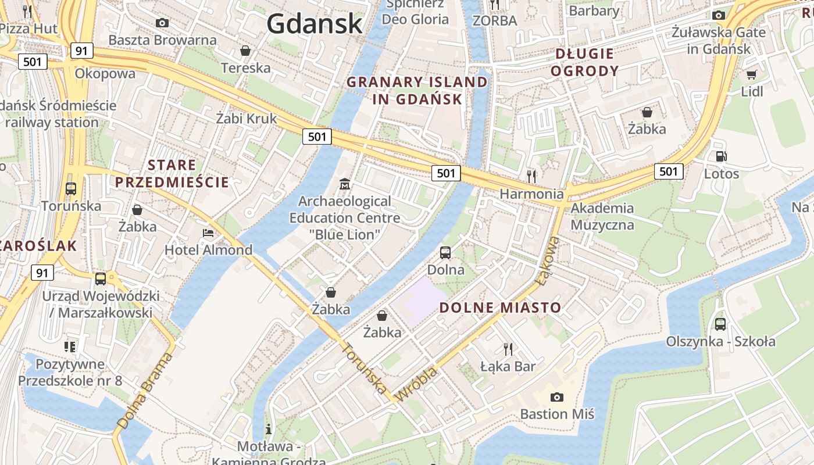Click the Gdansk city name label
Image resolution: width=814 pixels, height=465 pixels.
pyautogui.click(x=315, y=23)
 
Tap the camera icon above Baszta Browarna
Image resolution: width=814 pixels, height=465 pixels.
pyautogui.click(x=162, y=23)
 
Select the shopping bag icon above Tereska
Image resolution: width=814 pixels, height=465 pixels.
pyautogui.click(x=245, y=51)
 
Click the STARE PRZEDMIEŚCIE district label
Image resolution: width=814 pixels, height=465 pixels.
pyautogui.click(x=172, y=173)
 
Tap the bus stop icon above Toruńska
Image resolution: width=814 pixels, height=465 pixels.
pyautogui.click(x=71, y=189)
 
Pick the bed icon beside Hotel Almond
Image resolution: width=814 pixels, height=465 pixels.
pyautogui.click(x=208, y=233)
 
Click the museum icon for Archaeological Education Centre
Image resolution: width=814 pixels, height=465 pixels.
pyautogui.click(x=345, y=184)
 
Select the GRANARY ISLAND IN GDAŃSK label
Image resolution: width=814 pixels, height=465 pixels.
pyautogui.click(x=417, y=90)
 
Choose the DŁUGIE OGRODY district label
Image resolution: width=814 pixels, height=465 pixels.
pyautogui.click(x=584, y=62)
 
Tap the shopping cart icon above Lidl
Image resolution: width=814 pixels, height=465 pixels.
pyautogui.click(x=751, y=74)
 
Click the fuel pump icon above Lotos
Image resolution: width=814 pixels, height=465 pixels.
pyautogui.click(x=721, y=156)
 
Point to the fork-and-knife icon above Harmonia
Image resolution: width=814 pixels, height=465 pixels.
pyautogui.click(x=531, y=176)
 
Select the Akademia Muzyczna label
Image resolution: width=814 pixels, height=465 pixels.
pyautogui.click(x=602, y=216)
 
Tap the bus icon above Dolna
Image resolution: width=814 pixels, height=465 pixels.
pyautogui.click(x=445, y=252)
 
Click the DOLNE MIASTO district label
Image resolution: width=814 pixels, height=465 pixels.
pyautogui.click(x=500, y=307)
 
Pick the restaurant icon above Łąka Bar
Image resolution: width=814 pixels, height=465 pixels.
pyautogui.click(x=508, y=349)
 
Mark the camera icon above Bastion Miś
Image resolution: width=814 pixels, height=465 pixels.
pyautogui.click(x=557, y=397)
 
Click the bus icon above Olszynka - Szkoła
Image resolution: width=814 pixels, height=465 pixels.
pyautogui.click(x=720, y=324)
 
